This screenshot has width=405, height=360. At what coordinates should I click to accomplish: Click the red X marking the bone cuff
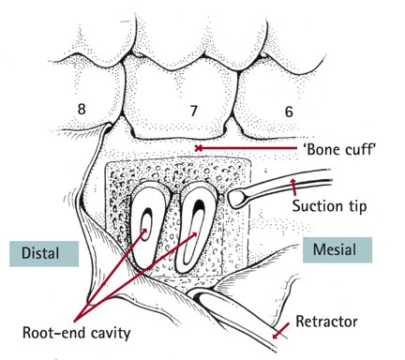[x=198, y=148]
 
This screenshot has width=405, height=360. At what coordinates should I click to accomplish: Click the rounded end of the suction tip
[x=241, y=198]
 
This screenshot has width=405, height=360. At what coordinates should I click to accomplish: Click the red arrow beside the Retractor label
[x=277, y=333]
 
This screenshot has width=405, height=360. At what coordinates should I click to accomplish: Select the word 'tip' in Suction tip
[x=354, y=205]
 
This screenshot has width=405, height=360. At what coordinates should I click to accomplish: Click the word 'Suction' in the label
[x=317, y=205]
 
